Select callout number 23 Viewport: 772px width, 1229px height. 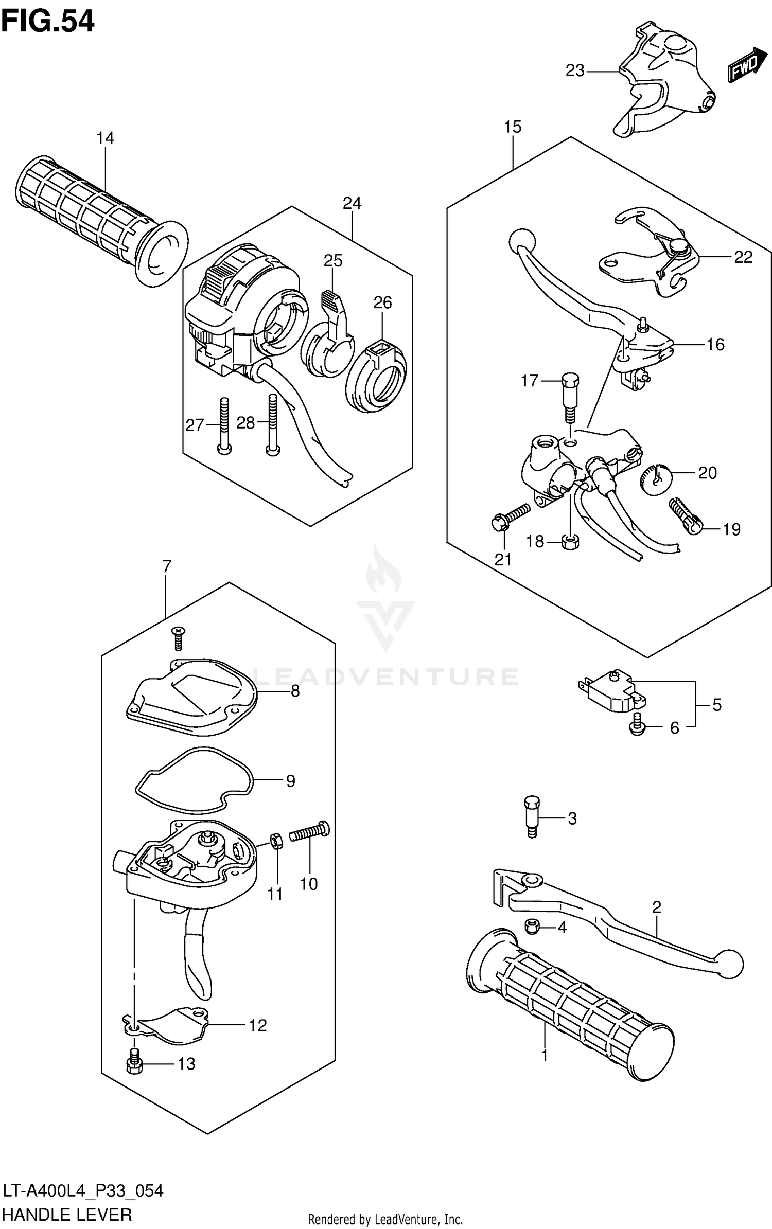coord(575,70)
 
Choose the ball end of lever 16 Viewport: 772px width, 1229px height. coord(522,240)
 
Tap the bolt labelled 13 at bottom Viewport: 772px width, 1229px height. coord(134,1062)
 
